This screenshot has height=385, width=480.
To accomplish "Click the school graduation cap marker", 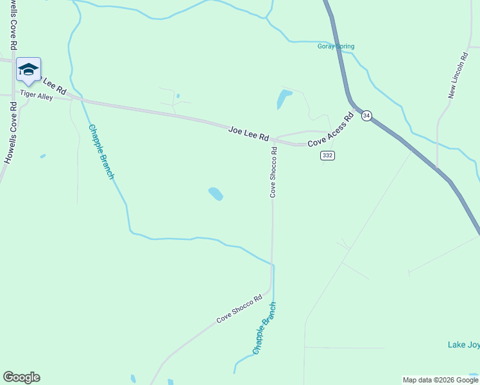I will [28, 70].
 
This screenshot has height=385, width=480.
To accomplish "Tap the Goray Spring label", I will [336, 46].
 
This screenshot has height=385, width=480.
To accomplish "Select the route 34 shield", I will [366, 116].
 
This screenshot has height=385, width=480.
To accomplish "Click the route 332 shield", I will [328, 156].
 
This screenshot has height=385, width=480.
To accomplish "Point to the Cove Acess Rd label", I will [330, 131].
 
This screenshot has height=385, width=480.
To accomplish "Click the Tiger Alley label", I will [37, 95].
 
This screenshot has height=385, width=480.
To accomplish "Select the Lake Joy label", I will [463, 345].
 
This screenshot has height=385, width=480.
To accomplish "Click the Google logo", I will [21, 377].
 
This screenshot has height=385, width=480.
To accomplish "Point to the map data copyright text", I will [440, 380].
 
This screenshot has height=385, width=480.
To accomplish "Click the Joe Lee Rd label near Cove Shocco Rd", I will [248, 134].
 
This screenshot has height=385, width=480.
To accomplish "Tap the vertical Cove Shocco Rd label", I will [273, 172].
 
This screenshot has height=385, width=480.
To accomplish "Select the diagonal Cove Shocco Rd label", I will [239, 309].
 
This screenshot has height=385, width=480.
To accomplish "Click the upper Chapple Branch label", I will [101, 151].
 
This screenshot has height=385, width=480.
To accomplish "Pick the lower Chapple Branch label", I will [264, 329].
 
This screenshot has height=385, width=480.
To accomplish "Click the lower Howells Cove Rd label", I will [11, 132].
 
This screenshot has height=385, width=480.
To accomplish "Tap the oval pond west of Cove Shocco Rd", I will [216, 193].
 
